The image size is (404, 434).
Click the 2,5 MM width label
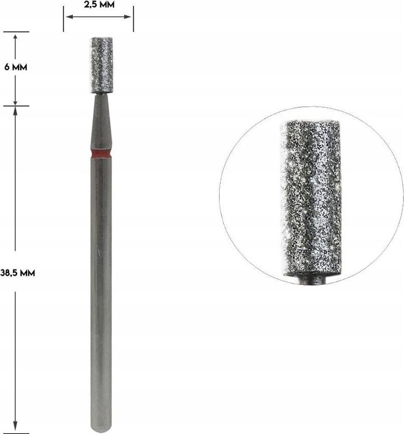coord(99,4)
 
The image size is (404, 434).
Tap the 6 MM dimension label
coord(16,67)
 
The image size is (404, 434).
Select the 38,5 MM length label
coord(18,273)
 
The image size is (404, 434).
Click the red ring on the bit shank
coord(101,153)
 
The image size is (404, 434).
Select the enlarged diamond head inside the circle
coord(311,198)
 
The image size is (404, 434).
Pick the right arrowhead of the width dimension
coord(128,17)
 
